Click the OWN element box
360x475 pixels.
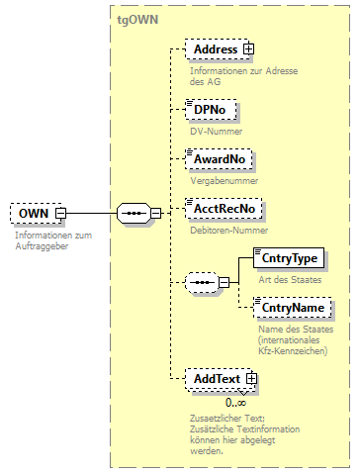[x=32, y=213]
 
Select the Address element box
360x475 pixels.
[x=215, y=49]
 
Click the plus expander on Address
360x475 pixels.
[x=248, y=49]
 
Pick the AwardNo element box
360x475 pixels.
[x=220, y=158]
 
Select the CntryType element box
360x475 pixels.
[x=288, y=258]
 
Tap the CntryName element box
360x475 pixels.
[x=289, y=309]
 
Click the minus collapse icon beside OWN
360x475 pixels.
[x=60, y=213]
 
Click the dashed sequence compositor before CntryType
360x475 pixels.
[x=201, y=282]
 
